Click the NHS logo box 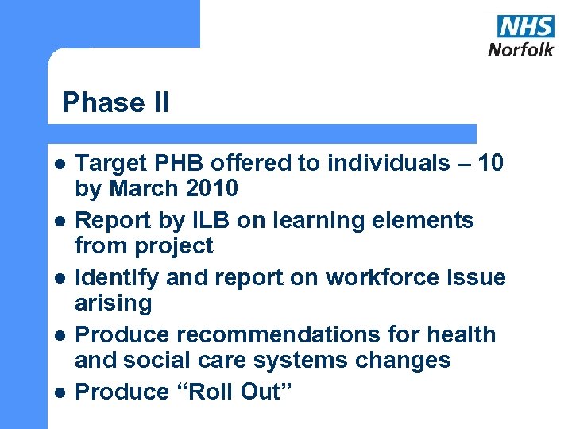click(x=525, y=26)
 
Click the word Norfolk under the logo click(x=520, y=49)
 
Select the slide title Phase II click(x=115, y=102)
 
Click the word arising click(x=113, y=303)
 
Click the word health click(x=461, y=335)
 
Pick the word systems click(x=303, y=361)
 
